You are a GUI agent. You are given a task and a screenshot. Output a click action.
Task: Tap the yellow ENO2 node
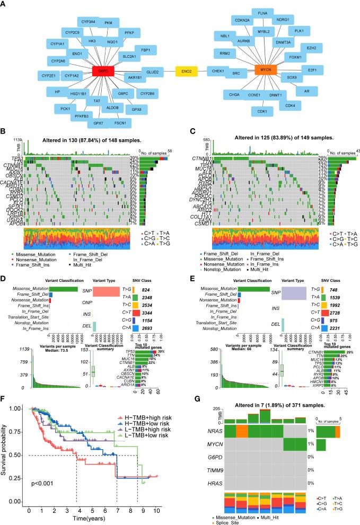click(188, 70)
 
